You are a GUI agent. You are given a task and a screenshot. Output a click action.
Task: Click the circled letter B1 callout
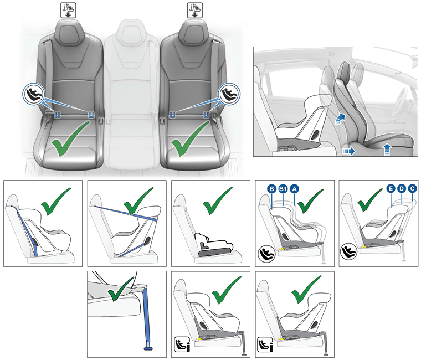tap(283, 189)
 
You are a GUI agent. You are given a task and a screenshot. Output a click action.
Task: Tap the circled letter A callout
tap(295, 189)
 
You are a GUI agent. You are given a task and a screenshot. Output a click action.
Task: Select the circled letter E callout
tap(391, 189)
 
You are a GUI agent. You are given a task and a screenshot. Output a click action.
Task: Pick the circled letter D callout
tap(402, 189)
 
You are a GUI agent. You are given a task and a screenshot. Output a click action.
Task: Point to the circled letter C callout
tap(412, 189)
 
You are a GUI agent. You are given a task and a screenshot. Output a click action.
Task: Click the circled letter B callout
tap(272, 189)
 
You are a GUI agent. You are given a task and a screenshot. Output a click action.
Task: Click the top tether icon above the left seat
tap(68, 10)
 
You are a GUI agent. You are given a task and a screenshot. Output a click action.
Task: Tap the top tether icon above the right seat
tap(194, 10)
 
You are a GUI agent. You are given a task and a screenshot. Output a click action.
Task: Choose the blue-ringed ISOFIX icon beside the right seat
tap(229, 94)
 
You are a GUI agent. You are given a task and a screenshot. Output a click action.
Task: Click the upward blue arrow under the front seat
tap(386, 150)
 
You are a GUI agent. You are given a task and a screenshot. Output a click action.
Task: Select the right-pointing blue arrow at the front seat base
tap(348, 151)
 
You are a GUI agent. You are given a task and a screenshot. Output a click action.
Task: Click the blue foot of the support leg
tap(148, 348)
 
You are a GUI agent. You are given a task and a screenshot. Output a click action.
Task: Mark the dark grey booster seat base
tap(215, 252)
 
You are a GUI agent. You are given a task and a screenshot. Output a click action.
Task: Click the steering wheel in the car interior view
tap(399, 102)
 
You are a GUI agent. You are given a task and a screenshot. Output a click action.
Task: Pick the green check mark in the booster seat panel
tap(217, 200)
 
